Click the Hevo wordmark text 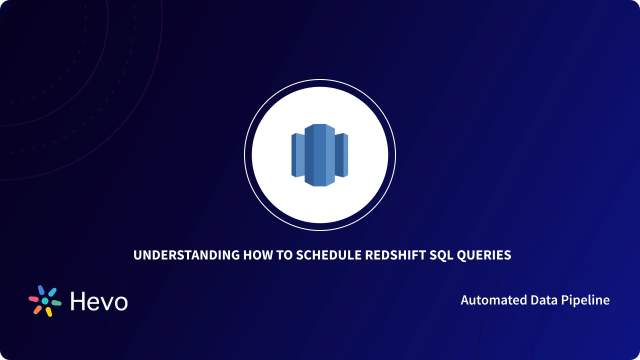pyautogui.click(x=99, y=301)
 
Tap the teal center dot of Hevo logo pyautogui.click(x=45, y=301)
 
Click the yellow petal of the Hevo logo pyautogui.click(x=49, y=312)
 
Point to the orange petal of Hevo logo pyautogui.click(x=37, y=309)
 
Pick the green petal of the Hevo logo pyautogui.click(x=56, y=303)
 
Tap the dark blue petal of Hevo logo pyautogui.click(x=41, y=290)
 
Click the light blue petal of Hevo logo pyautogui.click(x=52, y=292)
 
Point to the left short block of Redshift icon pyautogui.click(x=298, y=155)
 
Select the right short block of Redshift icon pyautogui.click(x=341, y=155)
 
